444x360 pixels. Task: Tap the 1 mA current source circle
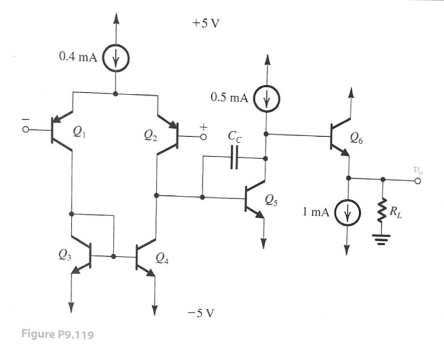[x=348, y=212]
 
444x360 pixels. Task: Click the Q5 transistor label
[x=271, y=202]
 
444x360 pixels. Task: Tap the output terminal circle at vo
[x=417, y=179]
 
